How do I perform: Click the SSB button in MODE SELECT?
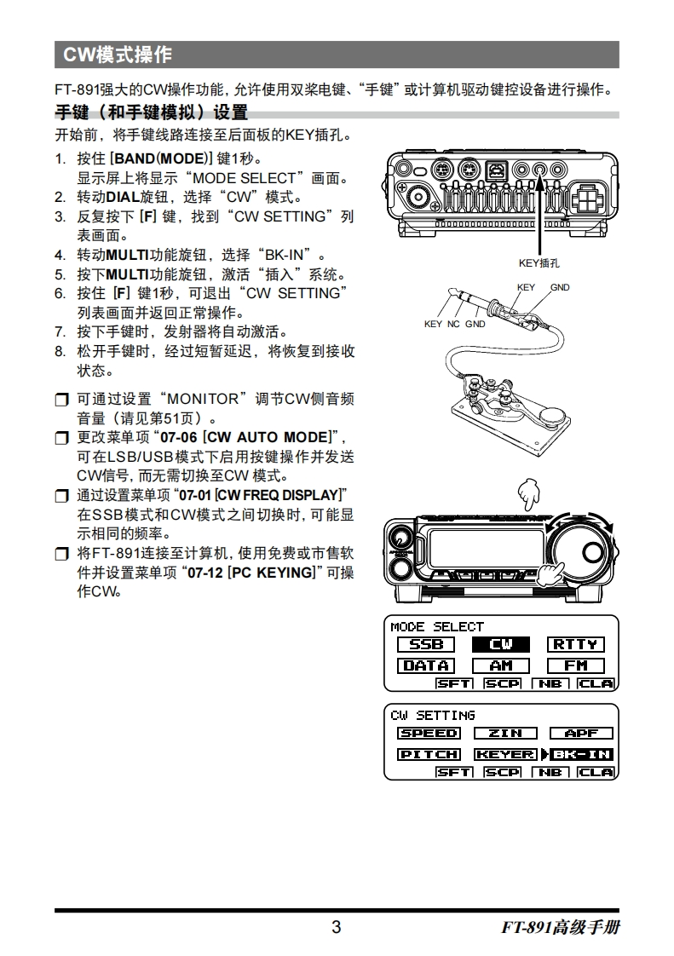tap(426, 644)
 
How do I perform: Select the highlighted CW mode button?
tap(501, 644)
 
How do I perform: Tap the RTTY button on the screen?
tap(576, 644)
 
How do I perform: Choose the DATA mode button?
tap(426, 665)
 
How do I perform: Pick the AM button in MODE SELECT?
tap(501, 665)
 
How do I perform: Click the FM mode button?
tap(576, 665)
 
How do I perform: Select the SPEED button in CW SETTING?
tap(429, 734)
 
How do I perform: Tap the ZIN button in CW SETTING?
tap(505, 734)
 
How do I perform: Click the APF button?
tap(581, 734)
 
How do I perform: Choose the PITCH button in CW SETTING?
tap(429, 755)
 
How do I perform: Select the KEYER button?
tap(505, 755)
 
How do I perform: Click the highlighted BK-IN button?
tap(581, 755)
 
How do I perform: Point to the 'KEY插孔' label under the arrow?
tap(539, 263)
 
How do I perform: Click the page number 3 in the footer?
tap(336, 927)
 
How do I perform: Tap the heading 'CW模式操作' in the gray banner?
tap(118, 55)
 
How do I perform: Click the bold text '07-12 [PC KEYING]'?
tap(251, 573)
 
